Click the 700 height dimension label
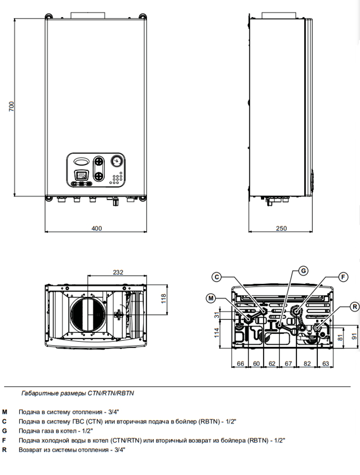pyautogui.click(x=12, y=106)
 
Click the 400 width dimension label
pyautogui.click(x=97, y=229)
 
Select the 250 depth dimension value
pyautogui.click(x=281, y=229)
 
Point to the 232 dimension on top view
pyautogui.click(x=118, y=272)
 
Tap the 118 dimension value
pyautogui.click(x=164, y=299)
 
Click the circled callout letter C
pyautogui.click(x=216, y=277)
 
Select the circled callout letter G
pyautogui.click(x=303, y=270)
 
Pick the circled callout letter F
pyautogui.click(x=343, y=277)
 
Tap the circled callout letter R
pyautogui.click(x=355, y=307)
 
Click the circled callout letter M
pyautogui.click(x=211, y=298)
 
